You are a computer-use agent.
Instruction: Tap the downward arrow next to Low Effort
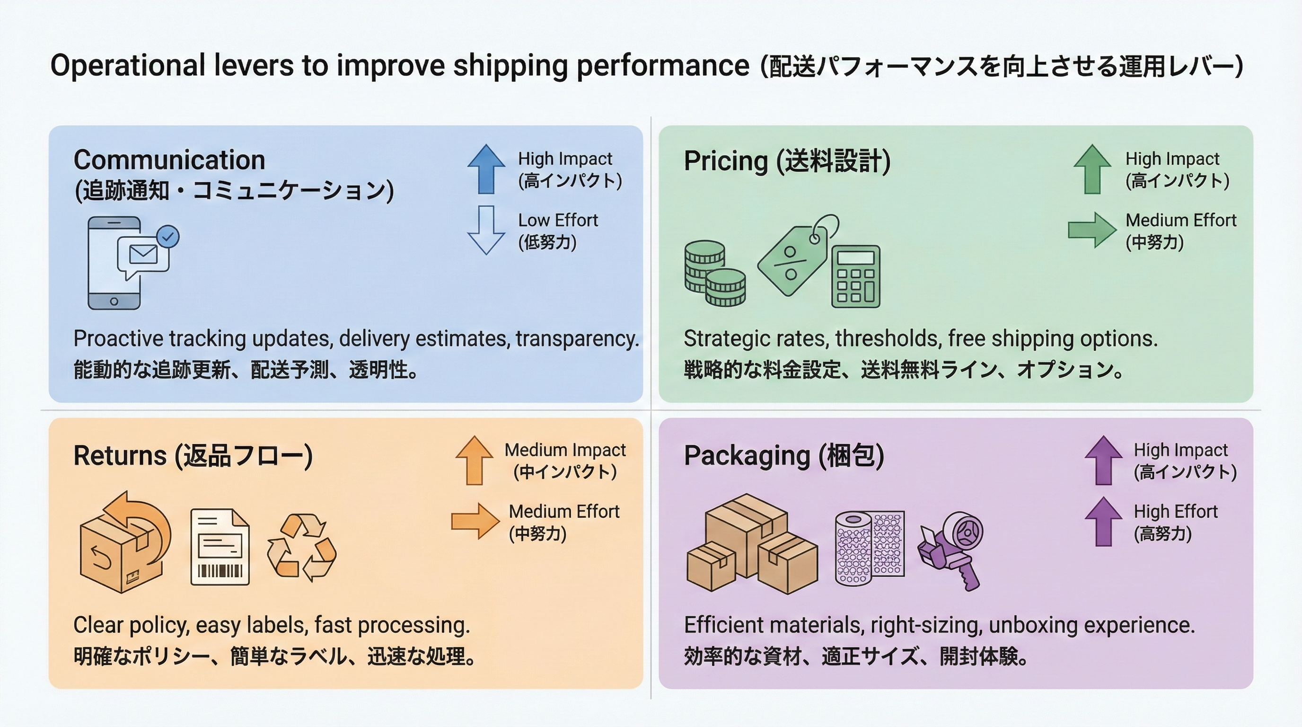(x=486, y=230)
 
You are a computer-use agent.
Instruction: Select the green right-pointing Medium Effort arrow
(x=1092, y=230)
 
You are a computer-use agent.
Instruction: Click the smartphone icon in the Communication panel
(x=114, y=263)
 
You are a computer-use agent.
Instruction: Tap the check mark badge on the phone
(x=168, y=237)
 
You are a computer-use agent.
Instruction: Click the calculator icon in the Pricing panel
(x=856, y=276)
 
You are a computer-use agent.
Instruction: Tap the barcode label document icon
(x=220, y=547)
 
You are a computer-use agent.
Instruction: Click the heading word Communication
(x=169, y=160)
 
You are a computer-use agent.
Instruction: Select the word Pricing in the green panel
(x=725, y=161)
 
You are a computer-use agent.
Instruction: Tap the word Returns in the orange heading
(x=120, y=455)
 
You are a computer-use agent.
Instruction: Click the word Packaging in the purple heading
(x=747, y=456)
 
